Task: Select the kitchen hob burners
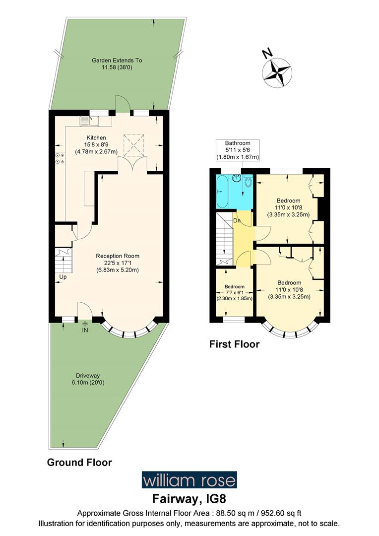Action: click(x=59, y=158)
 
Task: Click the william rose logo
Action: click(x=189, y=480)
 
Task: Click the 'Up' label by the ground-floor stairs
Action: click(x=63, y=276)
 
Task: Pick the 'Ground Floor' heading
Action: click(x=79, y=462)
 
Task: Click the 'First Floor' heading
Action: click(x=234, y=344)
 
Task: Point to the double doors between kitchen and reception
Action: click(x=132, y=165)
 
